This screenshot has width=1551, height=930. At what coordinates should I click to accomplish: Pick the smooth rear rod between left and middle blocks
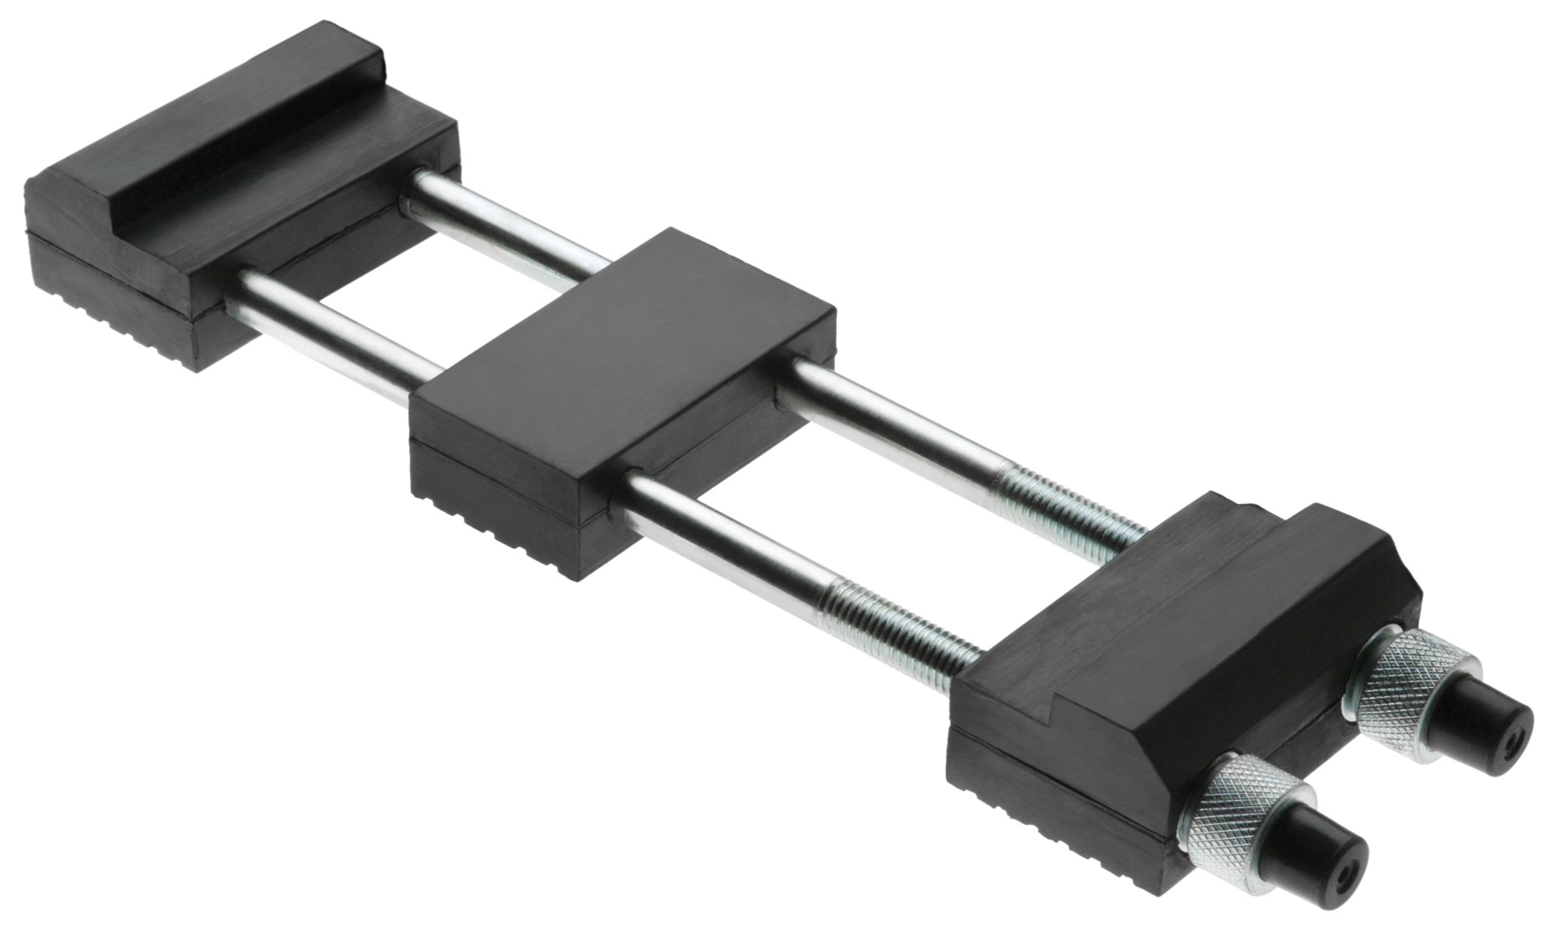coord(510,221)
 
